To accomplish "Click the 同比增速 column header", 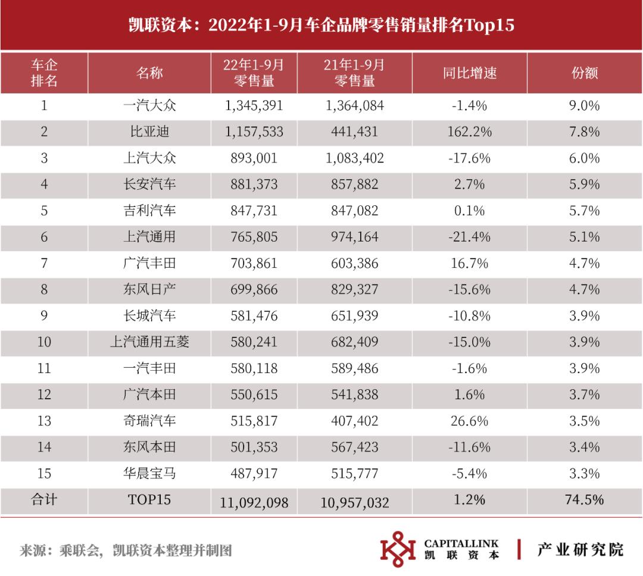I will coord(469,73).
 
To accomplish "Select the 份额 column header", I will coord(583,73).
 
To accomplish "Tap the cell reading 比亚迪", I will coord(149,132).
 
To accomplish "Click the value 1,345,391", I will coord(254,106).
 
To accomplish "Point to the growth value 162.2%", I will coord(469,132).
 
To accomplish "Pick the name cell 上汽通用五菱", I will coord(149,342).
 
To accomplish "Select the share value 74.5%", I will coord(583,500).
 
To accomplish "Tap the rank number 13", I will coord(44,421).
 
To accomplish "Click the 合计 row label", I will coord(44,500).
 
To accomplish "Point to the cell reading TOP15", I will coord(149,500).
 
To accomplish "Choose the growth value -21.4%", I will coord(469,237).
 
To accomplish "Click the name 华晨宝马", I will coord(149,474).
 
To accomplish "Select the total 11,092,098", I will coord(254,502).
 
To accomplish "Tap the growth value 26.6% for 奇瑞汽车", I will coord(469,421).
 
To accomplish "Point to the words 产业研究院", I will coord(580,549).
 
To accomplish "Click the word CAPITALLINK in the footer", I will coord(461,543).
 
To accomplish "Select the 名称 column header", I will coord(149,73).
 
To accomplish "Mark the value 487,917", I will coord(254,474).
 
